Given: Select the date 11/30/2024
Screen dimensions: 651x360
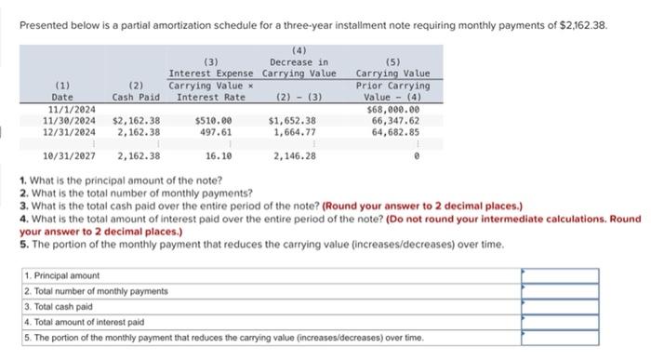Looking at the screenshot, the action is (x=62, y=120).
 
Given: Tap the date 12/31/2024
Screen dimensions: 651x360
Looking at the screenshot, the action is (x=62, y=132).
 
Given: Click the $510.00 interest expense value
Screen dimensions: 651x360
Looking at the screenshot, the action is (x=213, y=120).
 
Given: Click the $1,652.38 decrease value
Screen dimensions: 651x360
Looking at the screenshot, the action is (x=292, y=120).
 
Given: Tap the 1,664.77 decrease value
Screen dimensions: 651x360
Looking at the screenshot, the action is (x=294, y=132).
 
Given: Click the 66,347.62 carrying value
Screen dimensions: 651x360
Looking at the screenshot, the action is (x=397, y=120).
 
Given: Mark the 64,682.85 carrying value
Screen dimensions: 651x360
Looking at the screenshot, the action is (x=397, y=132).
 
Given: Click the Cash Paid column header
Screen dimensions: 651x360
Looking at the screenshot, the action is (x=136, y=96).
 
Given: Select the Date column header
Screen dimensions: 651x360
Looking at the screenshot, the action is (x=62, y=96).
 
